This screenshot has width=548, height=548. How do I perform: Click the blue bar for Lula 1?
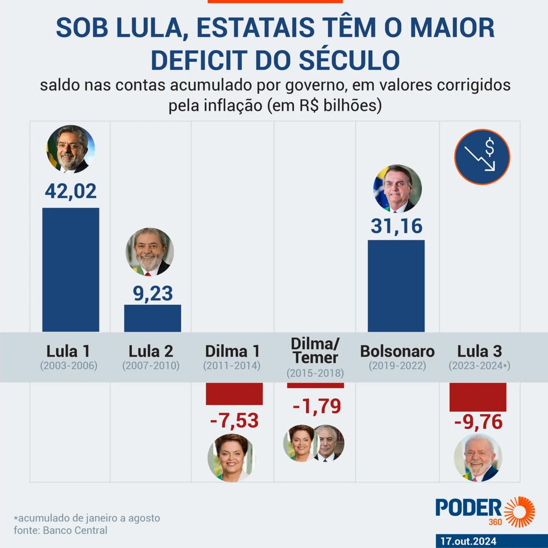71,269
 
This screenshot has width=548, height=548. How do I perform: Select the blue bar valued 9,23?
153,318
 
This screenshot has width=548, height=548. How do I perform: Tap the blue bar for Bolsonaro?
396,285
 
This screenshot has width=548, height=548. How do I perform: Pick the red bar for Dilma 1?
234,394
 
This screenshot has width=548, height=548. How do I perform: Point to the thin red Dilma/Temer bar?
315,385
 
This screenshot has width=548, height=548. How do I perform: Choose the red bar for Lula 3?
478,397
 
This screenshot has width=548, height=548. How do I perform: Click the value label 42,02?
71,191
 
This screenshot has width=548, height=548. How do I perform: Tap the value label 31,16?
396,226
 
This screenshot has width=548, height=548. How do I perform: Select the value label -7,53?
234,421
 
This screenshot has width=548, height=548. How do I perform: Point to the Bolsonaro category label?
397,351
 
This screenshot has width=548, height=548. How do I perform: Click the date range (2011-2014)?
232,366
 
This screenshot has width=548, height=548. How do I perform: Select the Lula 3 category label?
479,351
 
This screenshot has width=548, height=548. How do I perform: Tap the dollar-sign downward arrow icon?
482,157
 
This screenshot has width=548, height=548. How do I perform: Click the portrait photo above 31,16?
397,189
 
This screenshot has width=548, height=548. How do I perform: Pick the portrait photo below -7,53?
232,458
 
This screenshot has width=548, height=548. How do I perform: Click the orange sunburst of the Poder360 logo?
519,511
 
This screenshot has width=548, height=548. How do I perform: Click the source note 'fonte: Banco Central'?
61,530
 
